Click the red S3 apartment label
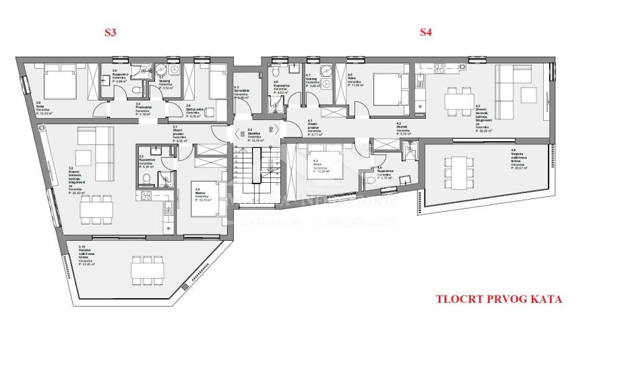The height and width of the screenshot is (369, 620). [x=109, y=32]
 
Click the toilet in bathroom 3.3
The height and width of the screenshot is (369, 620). [x=146, y=179]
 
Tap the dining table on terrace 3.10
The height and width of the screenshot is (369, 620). [x=148, y=271]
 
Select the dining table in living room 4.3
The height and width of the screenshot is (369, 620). [x=459, y=100]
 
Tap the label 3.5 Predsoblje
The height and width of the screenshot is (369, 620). [x=142, y=109]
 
